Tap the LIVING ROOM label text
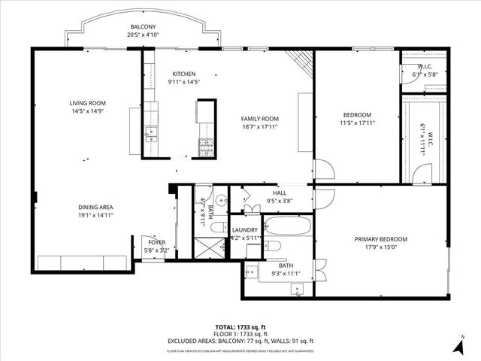point(87,103)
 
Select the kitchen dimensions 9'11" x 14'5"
point(184,82)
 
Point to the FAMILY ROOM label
point(259,119)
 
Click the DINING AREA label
point(95,207)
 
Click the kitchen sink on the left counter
point(151,136)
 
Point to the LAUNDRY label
point(245,230)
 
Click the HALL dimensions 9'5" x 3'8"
point(279,201)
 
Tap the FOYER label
point(156,242)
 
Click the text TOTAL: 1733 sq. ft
point(240,326)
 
